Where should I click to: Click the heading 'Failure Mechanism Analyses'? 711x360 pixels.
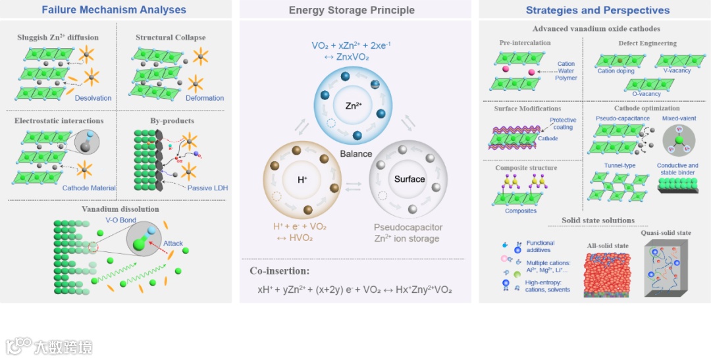114,10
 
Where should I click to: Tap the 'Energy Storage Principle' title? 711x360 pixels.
352,10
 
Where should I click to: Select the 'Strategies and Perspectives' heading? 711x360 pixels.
598,10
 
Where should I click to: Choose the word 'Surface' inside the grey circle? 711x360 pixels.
409,179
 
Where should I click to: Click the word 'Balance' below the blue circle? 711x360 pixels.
356,153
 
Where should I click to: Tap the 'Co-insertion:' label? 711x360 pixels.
279,270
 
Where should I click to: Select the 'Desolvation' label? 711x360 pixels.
93,98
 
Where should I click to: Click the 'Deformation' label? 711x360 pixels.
205,98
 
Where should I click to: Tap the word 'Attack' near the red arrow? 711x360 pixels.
173,243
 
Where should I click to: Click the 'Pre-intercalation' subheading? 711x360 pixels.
524,43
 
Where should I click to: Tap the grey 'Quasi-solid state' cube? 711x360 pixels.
675,269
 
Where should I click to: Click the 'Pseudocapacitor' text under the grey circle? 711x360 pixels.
408,227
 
